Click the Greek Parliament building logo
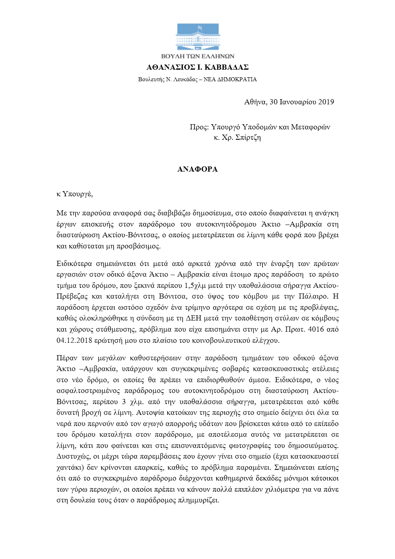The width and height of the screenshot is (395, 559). click(x=197, y=37)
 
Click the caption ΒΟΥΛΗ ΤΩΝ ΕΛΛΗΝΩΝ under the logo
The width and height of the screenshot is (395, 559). click(x=197, y=56)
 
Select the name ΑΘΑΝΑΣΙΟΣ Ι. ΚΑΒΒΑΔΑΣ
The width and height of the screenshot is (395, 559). click(x=197, y=67)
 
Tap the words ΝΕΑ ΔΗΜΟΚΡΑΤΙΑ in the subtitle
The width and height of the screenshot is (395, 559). click(x=230, y=79)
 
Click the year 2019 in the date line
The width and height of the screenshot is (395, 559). click(x=326, y=102)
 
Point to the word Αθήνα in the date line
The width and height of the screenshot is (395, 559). click(x=255, y=102)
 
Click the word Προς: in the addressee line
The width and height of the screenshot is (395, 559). click(x=199, y=127)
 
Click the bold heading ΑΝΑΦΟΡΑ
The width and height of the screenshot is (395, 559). click(x=197, y=169)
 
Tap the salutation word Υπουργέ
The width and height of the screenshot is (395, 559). click(x=78, y=194)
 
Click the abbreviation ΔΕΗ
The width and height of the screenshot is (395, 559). click(x=194, y=319)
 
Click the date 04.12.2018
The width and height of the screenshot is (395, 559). click(x=74, y=340)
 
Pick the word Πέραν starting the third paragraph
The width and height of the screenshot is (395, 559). click(x=66, y=358)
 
